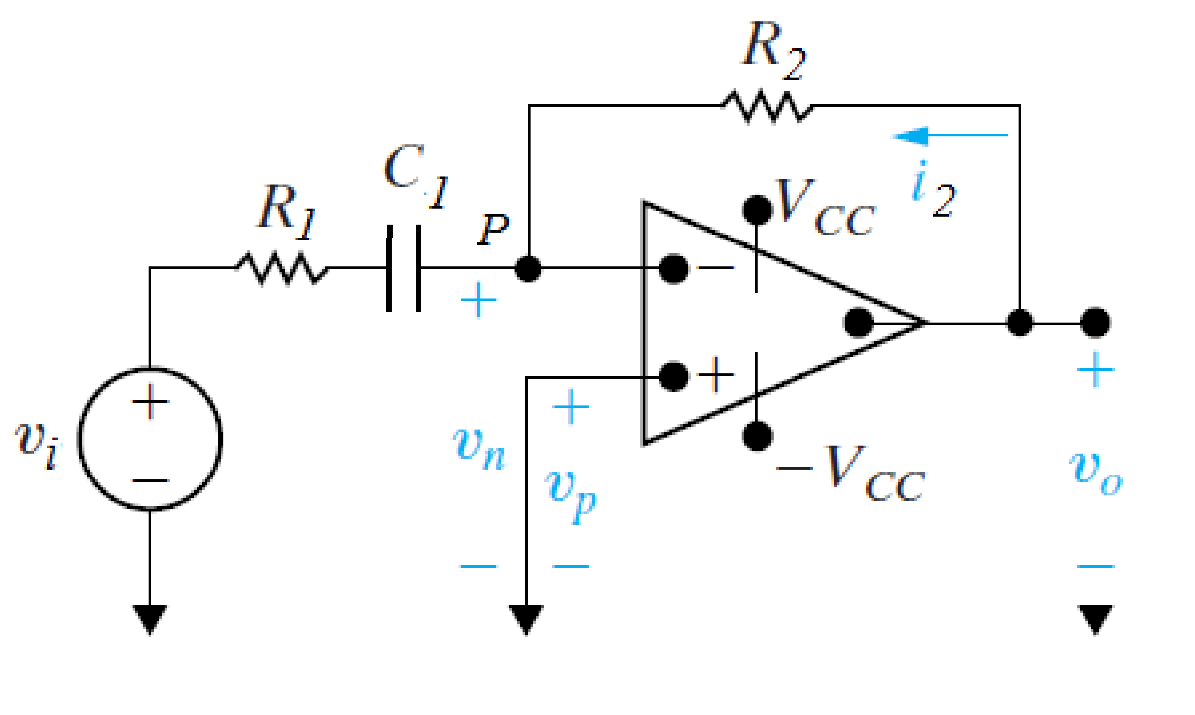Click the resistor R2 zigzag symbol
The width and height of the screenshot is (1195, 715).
[x=767, y=105]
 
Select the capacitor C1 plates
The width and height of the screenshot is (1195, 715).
[x=403, y=268]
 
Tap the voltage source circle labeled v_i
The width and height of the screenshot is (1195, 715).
[x=150, y=440]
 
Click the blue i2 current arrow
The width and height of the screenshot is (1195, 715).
[x=950, y=134]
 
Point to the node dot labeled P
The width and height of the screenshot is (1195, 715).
[x=527, y=268]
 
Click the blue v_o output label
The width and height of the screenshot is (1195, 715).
[x=1096, y=471]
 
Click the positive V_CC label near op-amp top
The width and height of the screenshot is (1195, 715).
[x=825, y=209]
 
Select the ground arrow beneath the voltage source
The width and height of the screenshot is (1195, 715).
[x=150, y=620]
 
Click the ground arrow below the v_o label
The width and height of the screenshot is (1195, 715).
[x=1096, y=620]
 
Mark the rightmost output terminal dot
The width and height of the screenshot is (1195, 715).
[x=1096, y=323]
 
